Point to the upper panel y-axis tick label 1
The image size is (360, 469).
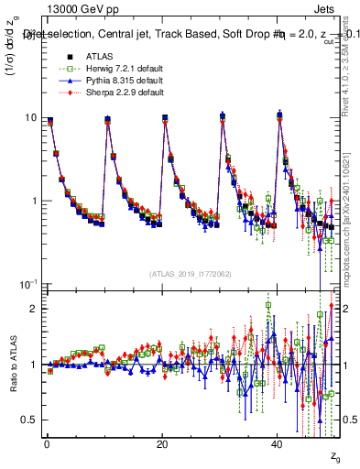[34, 201]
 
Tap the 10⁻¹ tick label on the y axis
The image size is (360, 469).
[28, 284]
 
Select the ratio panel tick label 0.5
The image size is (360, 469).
[29, 420]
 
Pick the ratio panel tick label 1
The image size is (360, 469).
[34, 365]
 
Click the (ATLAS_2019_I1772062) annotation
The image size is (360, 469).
[191, 273]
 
